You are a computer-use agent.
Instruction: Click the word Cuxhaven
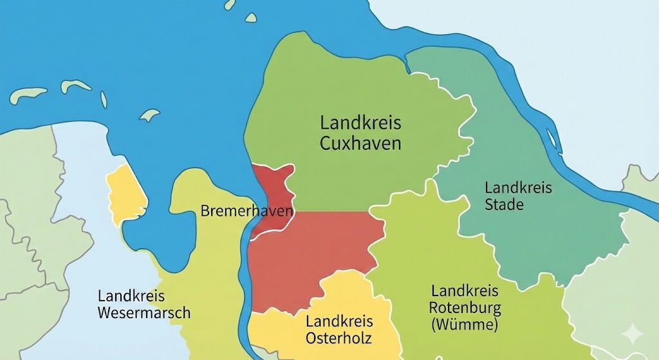point(360,142)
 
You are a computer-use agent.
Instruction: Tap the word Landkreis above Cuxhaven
point(360,122)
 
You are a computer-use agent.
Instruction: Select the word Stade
point(504,205)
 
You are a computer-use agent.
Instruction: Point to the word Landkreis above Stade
point(518,188)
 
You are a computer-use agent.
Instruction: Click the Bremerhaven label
point(247,211)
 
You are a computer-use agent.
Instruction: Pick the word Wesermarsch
point(144,313)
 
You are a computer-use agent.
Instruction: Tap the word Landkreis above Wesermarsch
point(131,297)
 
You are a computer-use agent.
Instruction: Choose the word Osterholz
point(339,337)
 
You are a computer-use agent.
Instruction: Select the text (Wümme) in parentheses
point(463,324)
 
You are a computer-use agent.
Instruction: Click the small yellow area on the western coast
point(125,193)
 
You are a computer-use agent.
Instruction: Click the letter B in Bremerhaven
point(205,211)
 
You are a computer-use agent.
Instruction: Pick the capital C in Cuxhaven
point(326,142)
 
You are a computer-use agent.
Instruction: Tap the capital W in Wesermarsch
point(105,313)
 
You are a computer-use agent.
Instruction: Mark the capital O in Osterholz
point(310,337)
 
